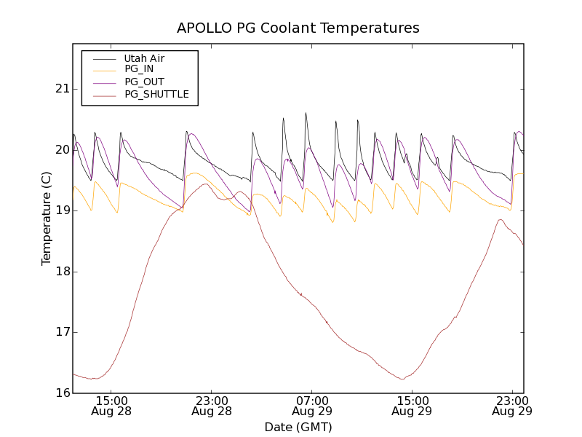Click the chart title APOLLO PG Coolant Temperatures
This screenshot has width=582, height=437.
point(298,28)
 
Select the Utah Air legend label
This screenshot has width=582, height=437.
point(144,58)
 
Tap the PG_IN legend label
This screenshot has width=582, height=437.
point(139,69)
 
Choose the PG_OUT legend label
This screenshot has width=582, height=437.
point(144,82)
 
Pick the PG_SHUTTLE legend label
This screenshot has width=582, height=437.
point(156,94)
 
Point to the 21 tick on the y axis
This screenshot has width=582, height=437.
point(61,89)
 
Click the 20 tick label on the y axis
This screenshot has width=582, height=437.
point(61,150)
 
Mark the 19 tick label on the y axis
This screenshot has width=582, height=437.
point(61,210)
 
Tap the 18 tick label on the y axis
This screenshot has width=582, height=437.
point(61,272)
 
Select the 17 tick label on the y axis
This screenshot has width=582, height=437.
point(61,332)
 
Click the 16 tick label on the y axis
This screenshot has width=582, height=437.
point(61,393)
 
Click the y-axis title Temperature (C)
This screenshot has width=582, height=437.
point(47,219)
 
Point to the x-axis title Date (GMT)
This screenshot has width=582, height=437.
point(298,427)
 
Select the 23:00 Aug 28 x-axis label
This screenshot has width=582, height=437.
point(212,406)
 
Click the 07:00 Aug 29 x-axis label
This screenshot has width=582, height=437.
point(312,406)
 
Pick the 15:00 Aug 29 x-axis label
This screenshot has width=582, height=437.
point(412,406)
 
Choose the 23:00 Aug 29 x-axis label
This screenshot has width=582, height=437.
point(512,406)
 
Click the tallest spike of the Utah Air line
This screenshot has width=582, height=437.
point(306,113)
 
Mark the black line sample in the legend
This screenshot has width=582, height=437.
point(103,58)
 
